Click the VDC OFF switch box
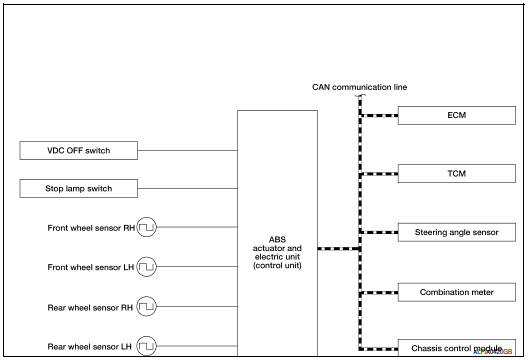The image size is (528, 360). point(78,152)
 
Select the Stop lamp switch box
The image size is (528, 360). point(78,189)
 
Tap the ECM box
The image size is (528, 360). point(458,116)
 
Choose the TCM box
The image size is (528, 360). point(458,174)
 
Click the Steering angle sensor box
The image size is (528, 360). point(458,232)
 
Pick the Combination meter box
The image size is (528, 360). point(458,293)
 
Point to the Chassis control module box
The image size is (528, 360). point(458,348)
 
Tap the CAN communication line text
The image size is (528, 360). point(360,87)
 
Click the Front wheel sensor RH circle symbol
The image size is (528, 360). point(147,228)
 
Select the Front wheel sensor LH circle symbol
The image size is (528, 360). point(147,267)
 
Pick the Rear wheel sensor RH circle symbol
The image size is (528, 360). point(147,306)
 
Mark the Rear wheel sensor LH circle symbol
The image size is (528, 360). point(147,345)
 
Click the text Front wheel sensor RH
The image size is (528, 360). point(90,228)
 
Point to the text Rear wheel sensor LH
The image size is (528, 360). point(90,345)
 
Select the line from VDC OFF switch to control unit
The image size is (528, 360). point(187,152)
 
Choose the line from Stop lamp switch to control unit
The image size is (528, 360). point(187,189)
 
